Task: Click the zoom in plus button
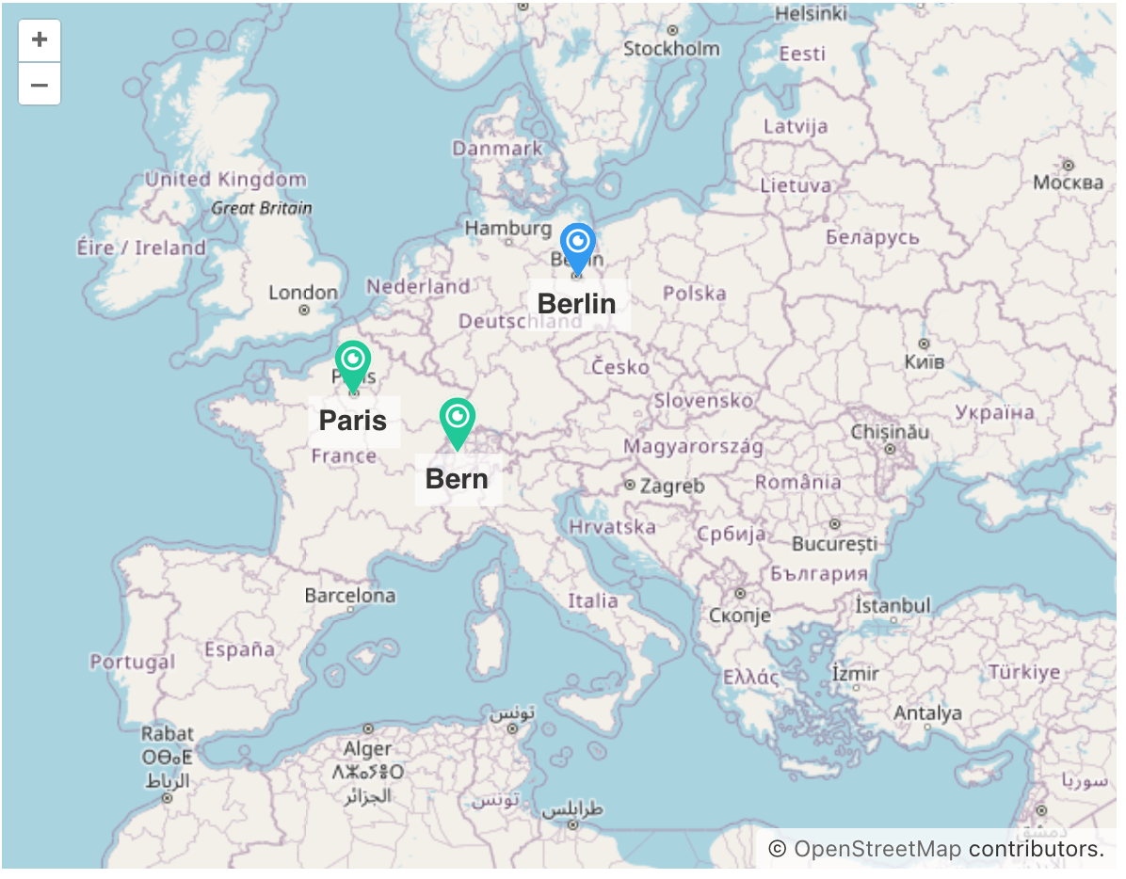tap(40, 40)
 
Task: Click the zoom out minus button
tap(40, 85)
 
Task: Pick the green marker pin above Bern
tap(457, 421)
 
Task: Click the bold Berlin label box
tap(577, 304)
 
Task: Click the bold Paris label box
tap(353, 421)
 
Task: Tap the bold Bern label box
tap(457, 479)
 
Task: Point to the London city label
tap(303, 293)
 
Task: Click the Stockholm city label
tap(671, 49)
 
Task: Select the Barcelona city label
tap(350, 596)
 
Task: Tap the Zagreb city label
tap(672, 487)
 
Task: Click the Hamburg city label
tap(508, 228)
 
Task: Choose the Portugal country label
tap(133, 662)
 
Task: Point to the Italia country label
tap(593, 600)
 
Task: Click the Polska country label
tap(695, 294)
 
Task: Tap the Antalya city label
tap(927, 713)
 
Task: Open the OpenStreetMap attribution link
tap(877, 849)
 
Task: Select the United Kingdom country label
tap(226, 179)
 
